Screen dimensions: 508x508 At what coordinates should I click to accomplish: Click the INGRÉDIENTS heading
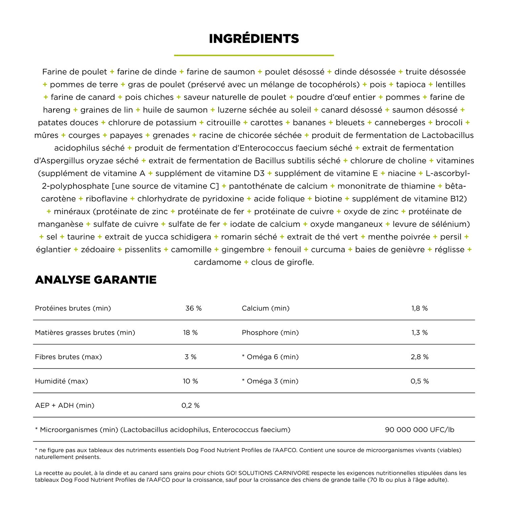[254, 39]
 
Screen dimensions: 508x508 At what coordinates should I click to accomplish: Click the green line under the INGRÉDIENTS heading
[254, 55]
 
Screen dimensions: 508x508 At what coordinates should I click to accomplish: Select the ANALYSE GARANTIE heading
[96, 280]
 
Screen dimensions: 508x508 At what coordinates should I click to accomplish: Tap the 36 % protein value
[193, 308]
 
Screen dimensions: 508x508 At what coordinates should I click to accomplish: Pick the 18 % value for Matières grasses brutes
[190, 333]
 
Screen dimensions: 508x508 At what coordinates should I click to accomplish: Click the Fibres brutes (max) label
[68, 357]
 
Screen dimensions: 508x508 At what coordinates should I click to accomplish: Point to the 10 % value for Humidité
[190, 381]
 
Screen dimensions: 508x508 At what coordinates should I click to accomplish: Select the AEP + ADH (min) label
[65, 405]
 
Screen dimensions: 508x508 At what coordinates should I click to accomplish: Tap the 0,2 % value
[190, 405]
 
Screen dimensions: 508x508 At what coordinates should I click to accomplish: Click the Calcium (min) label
[266, 308]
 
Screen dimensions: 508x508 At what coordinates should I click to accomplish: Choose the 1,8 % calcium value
[420, 308]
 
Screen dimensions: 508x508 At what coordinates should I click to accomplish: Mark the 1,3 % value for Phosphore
[420, 333]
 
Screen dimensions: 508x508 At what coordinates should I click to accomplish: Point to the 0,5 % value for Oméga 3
[420, 381]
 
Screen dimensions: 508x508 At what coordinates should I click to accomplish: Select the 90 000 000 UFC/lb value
[420, 430]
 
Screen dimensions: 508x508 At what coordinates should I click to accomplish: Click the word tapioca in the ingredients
[411, 85]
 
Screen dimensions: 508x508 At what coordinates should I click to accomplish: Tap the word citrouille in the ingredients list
[224, 123]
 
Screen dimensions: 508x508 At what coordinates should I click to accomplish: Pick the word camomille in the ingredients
[191, 250]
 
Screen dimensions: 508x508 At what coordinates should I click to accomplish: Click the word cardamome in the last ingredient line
[217, 262]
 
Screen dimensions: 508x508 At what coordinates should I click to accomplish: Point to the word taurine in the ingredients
[81, 237]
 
